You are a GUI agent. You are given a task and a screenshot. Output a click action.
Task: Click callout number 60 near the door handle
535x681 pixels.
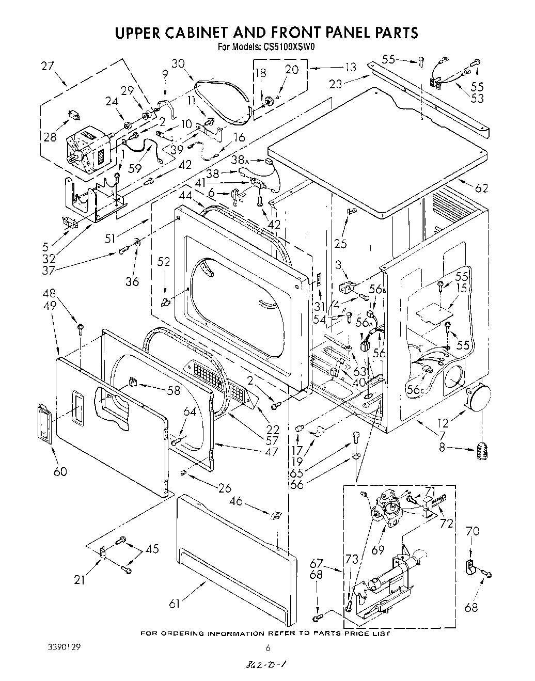click(60, 471)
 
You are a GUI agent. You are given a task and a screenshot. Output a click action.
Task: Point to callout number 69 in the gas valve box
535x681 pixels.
click(379, 550)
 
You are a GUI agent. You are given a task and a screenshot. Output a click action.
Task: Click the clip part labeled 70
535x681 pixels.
click(471, 568)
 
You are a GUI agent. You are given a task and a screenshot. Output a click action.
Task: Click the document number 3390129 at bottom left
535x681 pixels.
click(60, 646)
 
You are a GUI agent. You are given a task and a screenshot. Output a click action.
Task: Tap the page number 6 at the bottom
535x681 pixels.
click(267, 647)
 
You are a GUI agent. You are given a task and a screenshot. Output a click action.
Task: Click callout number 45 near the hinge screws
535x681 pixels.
click(152, 549)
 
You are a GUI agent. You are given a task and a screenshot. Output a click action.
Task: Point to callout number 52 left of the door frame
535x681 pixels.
click(164, 262)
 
